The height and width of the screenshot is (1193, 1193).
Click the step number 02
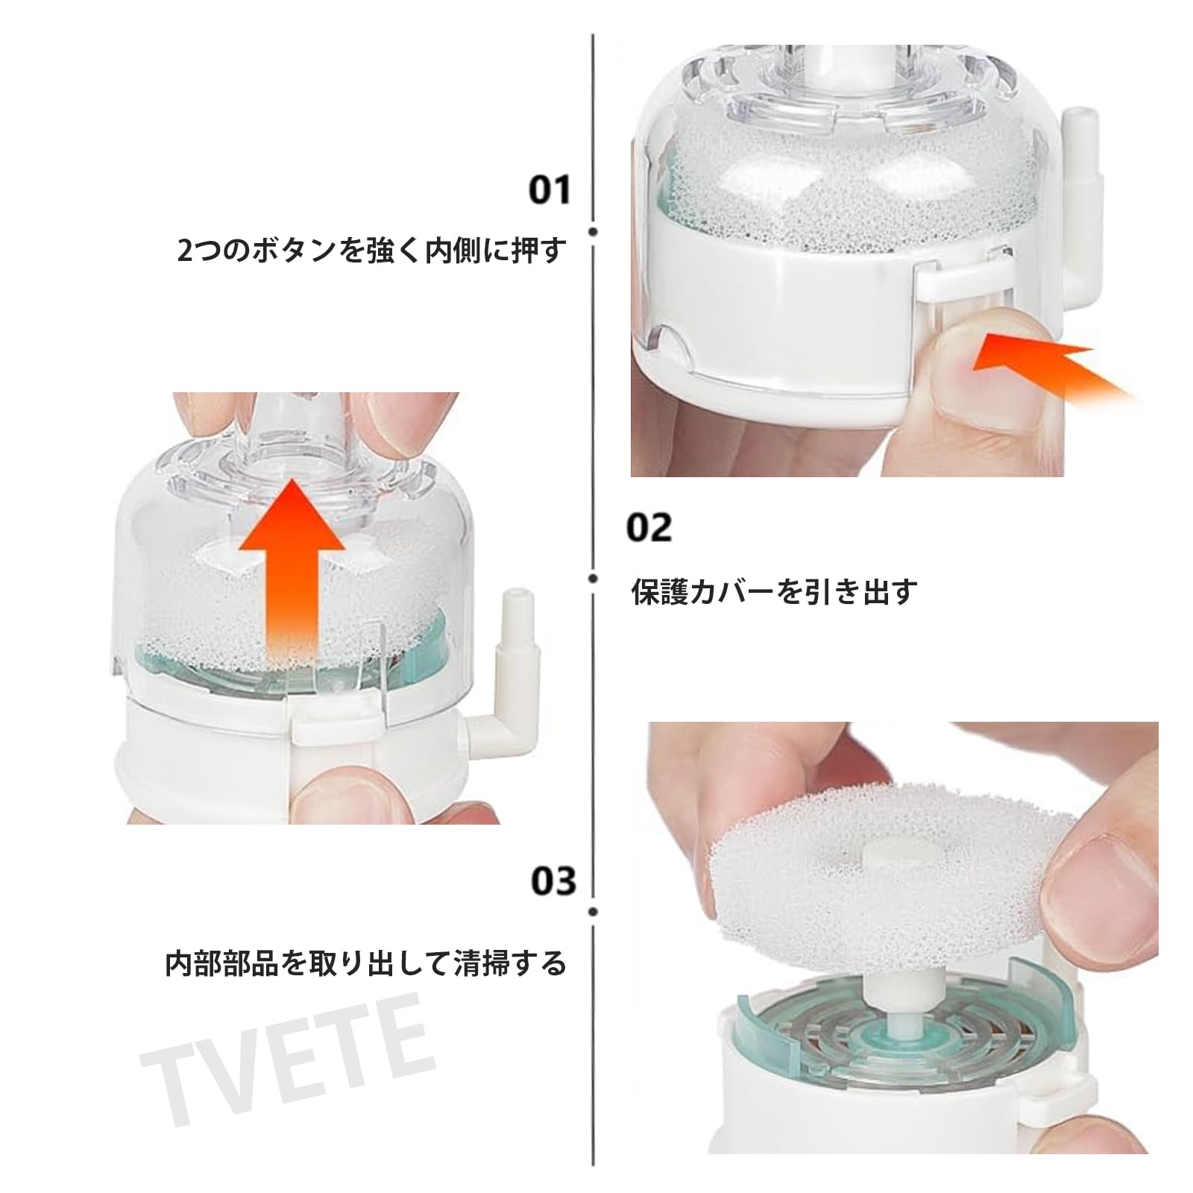[648, 527]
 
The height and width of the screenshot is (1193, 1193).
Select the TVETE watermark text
[287, 1057]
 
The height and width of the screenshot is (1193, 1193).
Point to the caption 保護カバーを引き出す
[773, 592]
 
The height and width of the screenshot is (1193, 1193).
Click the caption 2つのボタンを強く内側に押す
[371, 251]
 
